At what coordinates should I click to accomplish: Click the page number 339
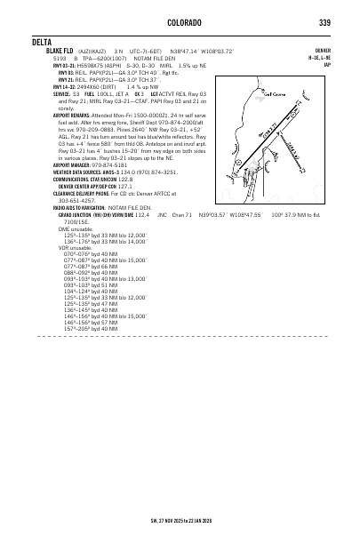(x=324, y=22)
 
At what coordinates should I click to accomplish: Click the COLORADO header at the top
(x=181, y=22)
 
